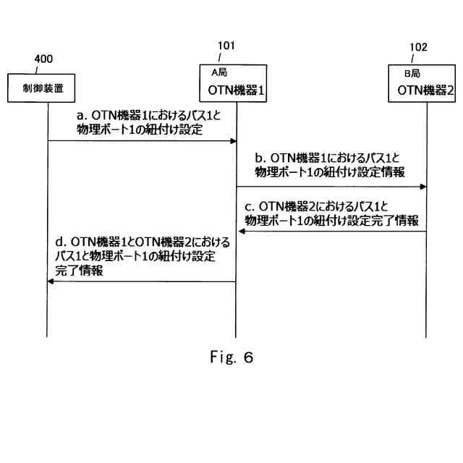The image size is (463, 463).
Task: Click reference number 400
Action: point(43,59)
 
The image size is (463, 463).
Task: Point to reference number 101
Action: point(226,45)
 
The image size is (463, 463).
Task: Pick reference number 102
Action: point(418,47)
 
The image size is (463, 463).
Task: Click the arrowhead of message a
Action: point(234,141)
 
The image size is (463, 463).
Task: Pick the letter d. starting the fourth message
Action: point(60,242)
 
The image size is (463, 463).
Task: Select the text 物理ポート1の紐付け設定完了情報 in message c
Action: point(331,221)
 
